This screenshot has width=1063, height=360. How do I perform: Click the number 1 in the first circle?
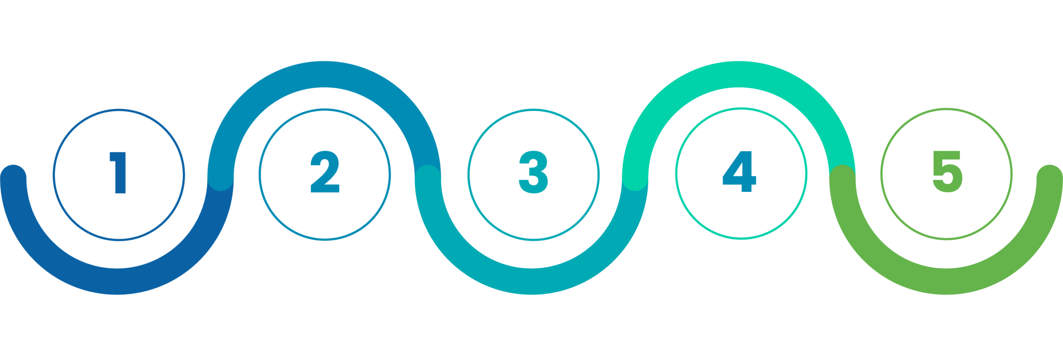pos(118,172)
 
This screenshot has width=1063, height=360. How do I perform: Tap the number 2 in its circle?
pos(325,172)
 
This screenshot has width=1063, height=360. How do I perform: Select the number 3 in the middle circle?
pos(533,172)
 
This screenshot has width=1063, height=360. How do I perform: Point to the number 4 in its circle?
pos(740,171)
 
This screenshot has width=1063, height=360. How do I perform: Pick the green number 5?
pos(947,171)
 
